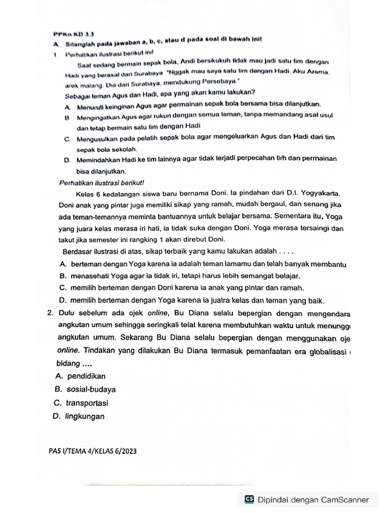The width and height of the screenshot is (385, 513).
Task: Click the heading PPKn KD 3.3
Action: click(67, 34)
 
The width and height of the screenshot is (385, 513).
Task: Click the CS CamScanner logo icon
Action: click(249, 499)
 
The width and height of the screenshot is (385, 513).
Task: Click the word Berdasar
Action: click(78, 251)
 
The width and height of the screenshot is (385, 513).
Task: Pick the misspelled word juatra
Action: click(219, 301)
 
